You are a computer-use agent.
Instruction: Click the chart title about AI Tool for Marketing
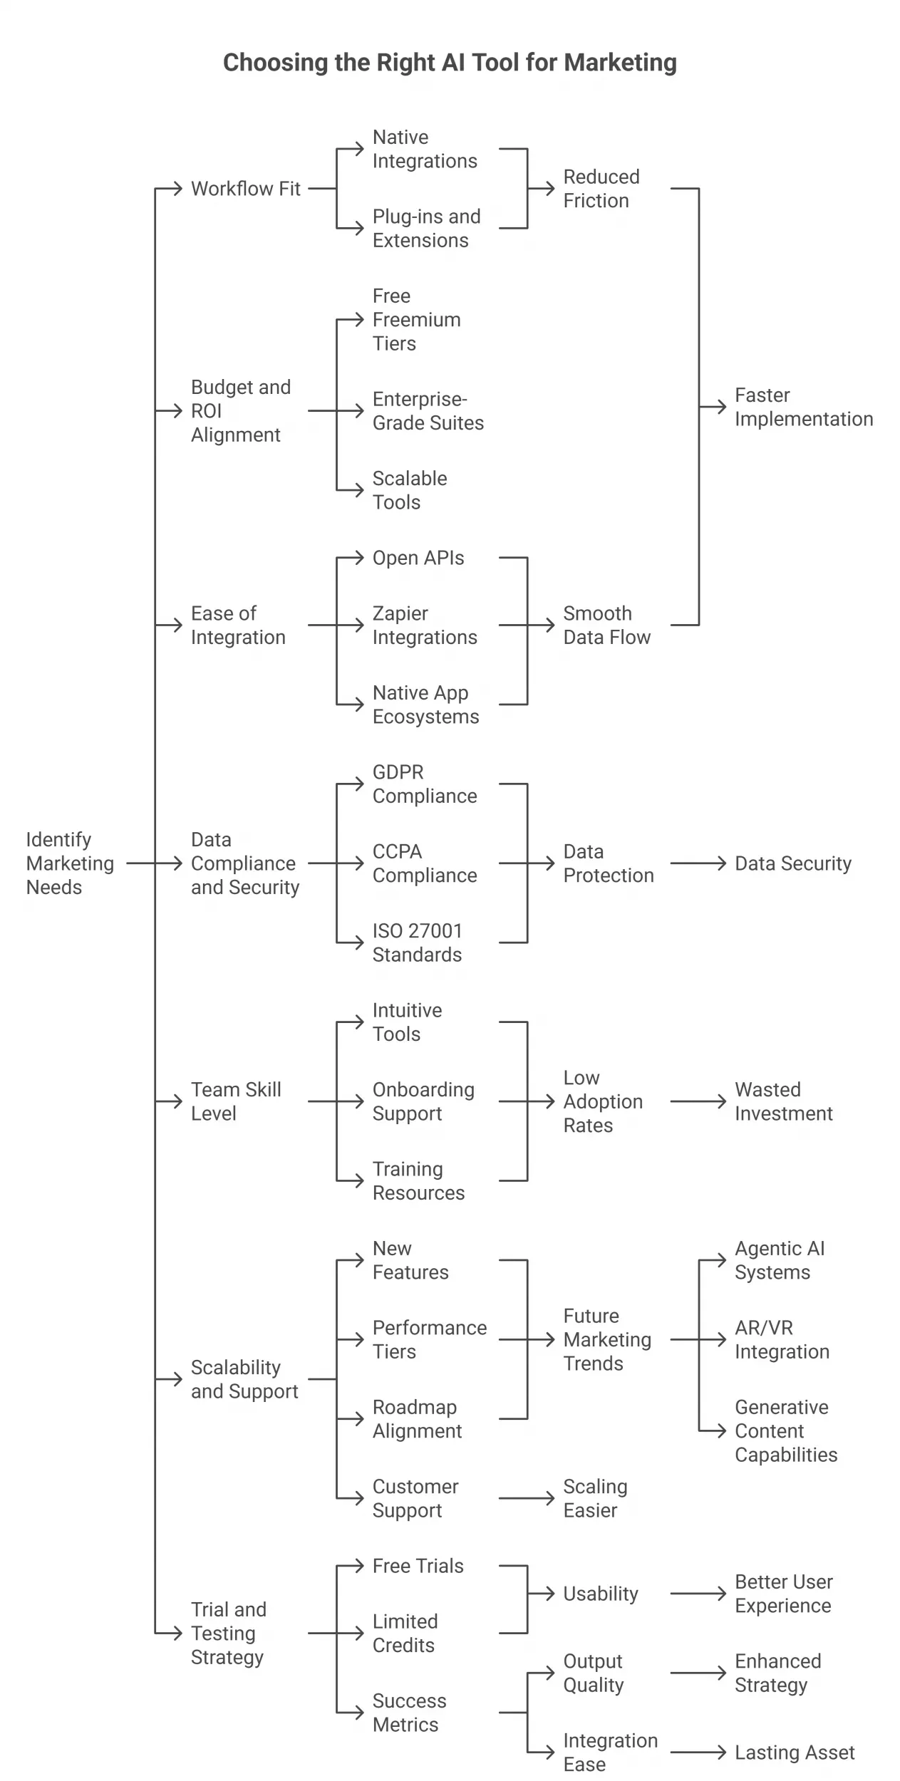[x=450, y=63]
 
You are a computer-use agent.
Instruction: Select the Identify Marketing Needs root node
[x=69, y=863]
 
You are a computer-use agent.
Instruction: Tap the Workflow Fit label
[x=245, y=189]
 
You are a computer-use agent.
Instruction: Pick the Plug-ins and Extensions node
[x=426, y=228]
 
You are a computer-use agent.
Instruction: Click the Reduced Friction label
[x=601, y=189]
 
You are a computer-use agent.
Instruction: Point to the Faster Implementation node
[x=803, y=407]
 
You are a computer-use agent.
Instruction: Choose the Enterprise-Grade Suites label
[x=428, y=411]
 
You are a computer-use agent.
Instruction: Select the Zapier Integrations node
[x=425, y=625]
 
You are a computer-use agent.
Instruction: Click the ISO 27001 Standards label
[x=417, y=943]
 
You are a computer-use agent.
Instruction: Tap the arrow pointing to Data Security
[x=698, y=863]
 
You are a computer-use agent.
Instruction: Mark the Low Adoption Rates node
[x=602, y=1101]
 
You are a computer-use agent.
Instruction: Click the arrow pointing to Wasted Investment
[x=698, y=1101]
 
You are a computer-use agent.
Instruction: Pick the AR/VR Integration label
[x=782, y=1339]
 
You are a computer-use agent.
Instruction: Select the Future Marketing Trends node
[x=606, y=1339]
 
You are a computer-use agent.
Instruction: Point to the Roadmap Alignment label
[x=417, y=1418]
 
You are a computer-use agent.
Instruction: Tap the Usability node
[x=600, y=1594]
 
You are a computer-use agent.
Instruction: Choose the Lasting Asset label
[x=794, y=1752]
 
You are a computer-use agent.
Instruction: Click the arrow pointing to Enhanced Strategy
[x=698, y=1673]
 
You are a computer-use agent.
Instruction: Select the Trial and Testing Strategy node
[x=228, y=1633]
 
